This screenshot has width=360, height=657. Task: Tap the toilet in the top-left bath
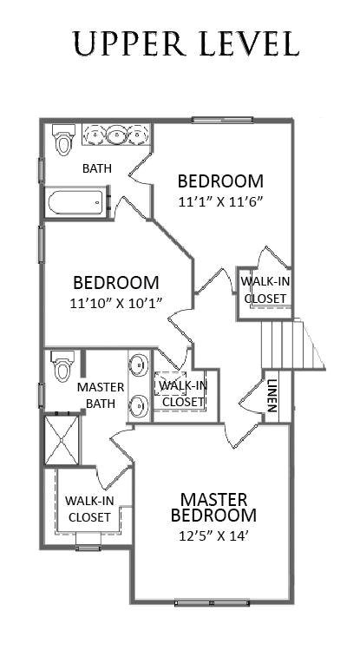coord(62,140)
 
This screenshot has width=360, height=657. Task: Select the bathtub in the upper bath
coord(77,203)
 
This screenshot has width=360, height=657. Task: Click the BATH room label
coord(96,168)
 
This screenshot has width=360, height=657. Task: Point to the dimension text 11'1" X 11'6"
coord(219,201)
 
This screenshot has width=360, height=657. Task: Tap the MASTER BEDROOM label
coord(214,507)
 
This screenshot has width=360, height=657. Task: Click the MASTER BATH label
coord(101,394)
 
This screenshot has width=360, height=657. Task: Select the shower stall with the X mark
coord(62,442)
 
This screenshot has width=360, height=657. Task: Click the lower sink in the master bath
coord(139,404)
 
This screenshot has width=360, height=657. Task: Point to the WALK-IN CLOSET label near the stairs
coord(265,290)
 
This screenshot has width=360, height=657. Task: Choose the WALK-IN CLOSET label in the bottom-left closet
coord(89,509)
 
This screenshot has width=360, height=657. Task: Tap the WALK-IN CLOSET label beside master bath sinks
coord(183,393)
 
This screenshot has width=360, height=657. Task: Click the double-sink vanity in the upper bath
coord(117,135)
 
